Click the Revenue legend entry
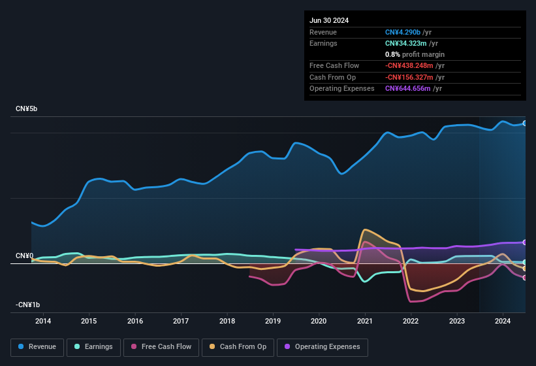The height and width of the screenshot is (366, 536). (37, 347)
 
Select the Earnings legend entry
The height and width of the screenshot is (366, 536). (93, 347)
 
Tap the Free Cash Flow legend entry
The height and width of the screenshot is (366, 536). (161, 347)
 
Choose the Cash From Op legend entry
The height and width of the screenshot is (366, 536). (238, 347)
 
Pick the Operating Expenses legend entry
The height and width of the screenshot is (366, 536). (322, 347)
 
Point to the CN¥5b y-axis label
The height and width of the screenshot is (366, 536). (27, 108)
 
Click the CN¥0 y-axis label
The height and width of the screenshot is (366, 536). (25, 256)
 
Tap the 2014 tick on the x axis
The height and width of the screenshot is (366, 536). (43, 321)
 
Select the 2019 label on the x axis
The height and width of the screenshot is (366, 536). (273, 321)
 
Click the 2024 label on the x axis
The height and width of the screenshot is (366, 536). (503, 321)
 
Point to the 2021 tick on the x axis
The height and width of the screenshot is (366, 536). (365, 321)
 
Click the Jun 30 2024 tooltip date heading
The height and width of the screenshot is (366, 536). (329, 20)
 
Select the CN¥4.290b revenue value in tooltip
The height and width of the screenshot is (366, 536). (406, 32)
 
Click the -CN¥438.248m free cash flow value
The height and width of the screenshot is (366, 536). (414, 65)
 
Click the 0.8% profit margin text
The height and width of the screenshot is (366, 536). (415, 54)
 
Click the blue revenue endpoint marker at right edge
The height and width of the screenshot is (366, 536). (525, 123)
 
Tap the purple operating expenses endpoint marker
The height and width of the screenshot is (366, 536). (525, 242)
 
